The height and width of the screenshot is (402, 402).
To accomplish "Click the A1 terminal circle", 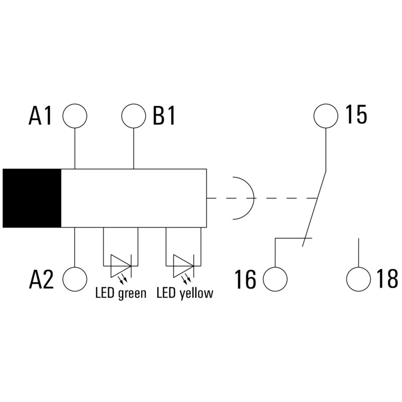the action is [75, 116].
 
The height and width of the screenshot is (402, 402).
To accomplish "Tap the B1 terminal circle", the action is [134, 116].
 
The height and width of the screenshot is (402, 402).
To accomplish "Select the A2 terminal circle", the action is [75, 279].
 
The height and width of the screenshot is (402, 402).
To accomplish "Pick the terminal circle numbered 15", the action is [326, 116].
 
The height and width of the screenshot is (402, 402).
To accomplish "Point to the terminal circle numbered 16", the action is [275, 279].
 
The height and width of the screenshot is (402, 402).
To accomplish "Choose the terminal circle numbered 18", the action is [358, 279].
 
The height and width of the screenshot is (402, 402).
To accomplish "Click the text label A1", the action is [40, 116].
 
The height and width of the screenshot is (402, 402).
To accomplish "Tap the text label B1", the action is [164, 116].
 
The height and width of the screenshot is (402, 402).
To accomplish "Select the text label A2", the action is [41, 279].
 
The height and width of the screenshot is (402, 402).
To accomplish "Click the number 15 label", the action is [357, 115].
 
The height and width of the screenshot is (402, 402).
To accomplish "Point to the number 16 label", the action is [245, 279].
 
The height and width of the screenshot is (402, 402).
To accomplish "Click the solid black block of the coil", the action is [32, 198].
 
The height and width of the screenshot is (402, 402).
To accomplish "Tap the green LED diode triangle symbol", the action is [121, 266].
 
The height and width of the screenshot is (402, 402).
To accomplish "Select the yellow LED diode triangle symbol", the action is [183, 266].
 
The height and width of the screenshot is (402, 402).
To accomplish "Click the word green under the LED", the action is [132, 293].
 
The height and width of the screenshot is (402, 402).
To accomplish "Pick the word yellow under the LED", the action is [196, 293].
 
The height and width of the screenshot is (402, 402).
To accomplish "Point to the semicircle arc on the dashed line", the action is [243, 198].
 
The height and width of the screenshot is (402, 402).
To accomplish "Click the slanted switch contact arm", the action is [315, 208].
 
